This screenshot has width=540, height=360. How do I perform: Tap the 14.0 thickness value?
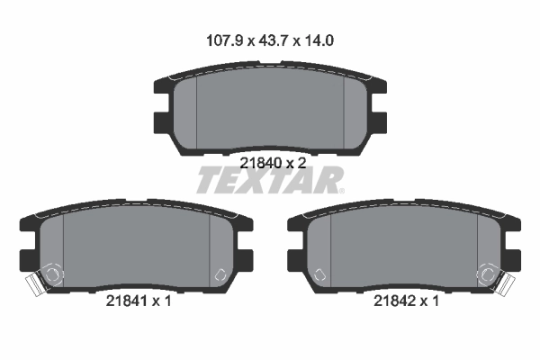(x=319, y=40)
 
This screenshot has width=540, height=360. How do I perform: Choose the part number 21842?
(x=393, y=301)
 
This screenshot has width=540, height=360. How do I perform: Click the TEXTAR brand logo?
(x=267, y=182)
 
